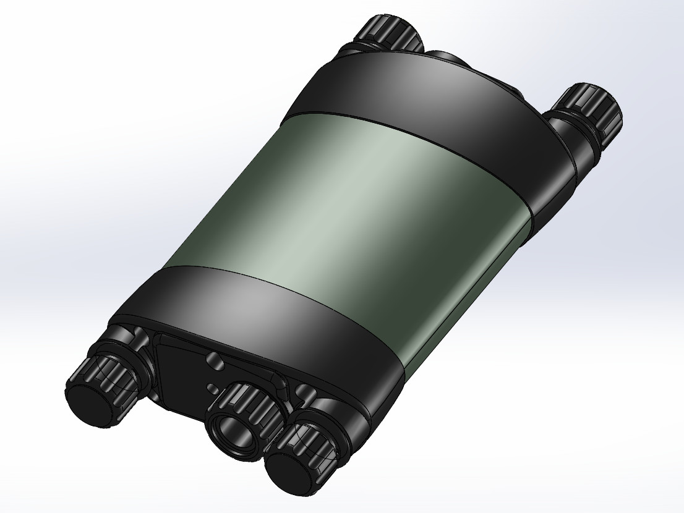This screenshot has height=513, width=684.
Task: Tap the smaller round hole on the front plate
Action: pyautogui.click(x=212, y=388)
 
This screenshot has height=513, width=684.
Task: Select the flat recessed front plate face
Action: pyautogui.click(x=186, y=371)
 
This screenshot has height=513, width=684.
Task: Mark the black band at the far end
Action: pyautogui.click(x=421, y=93)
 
